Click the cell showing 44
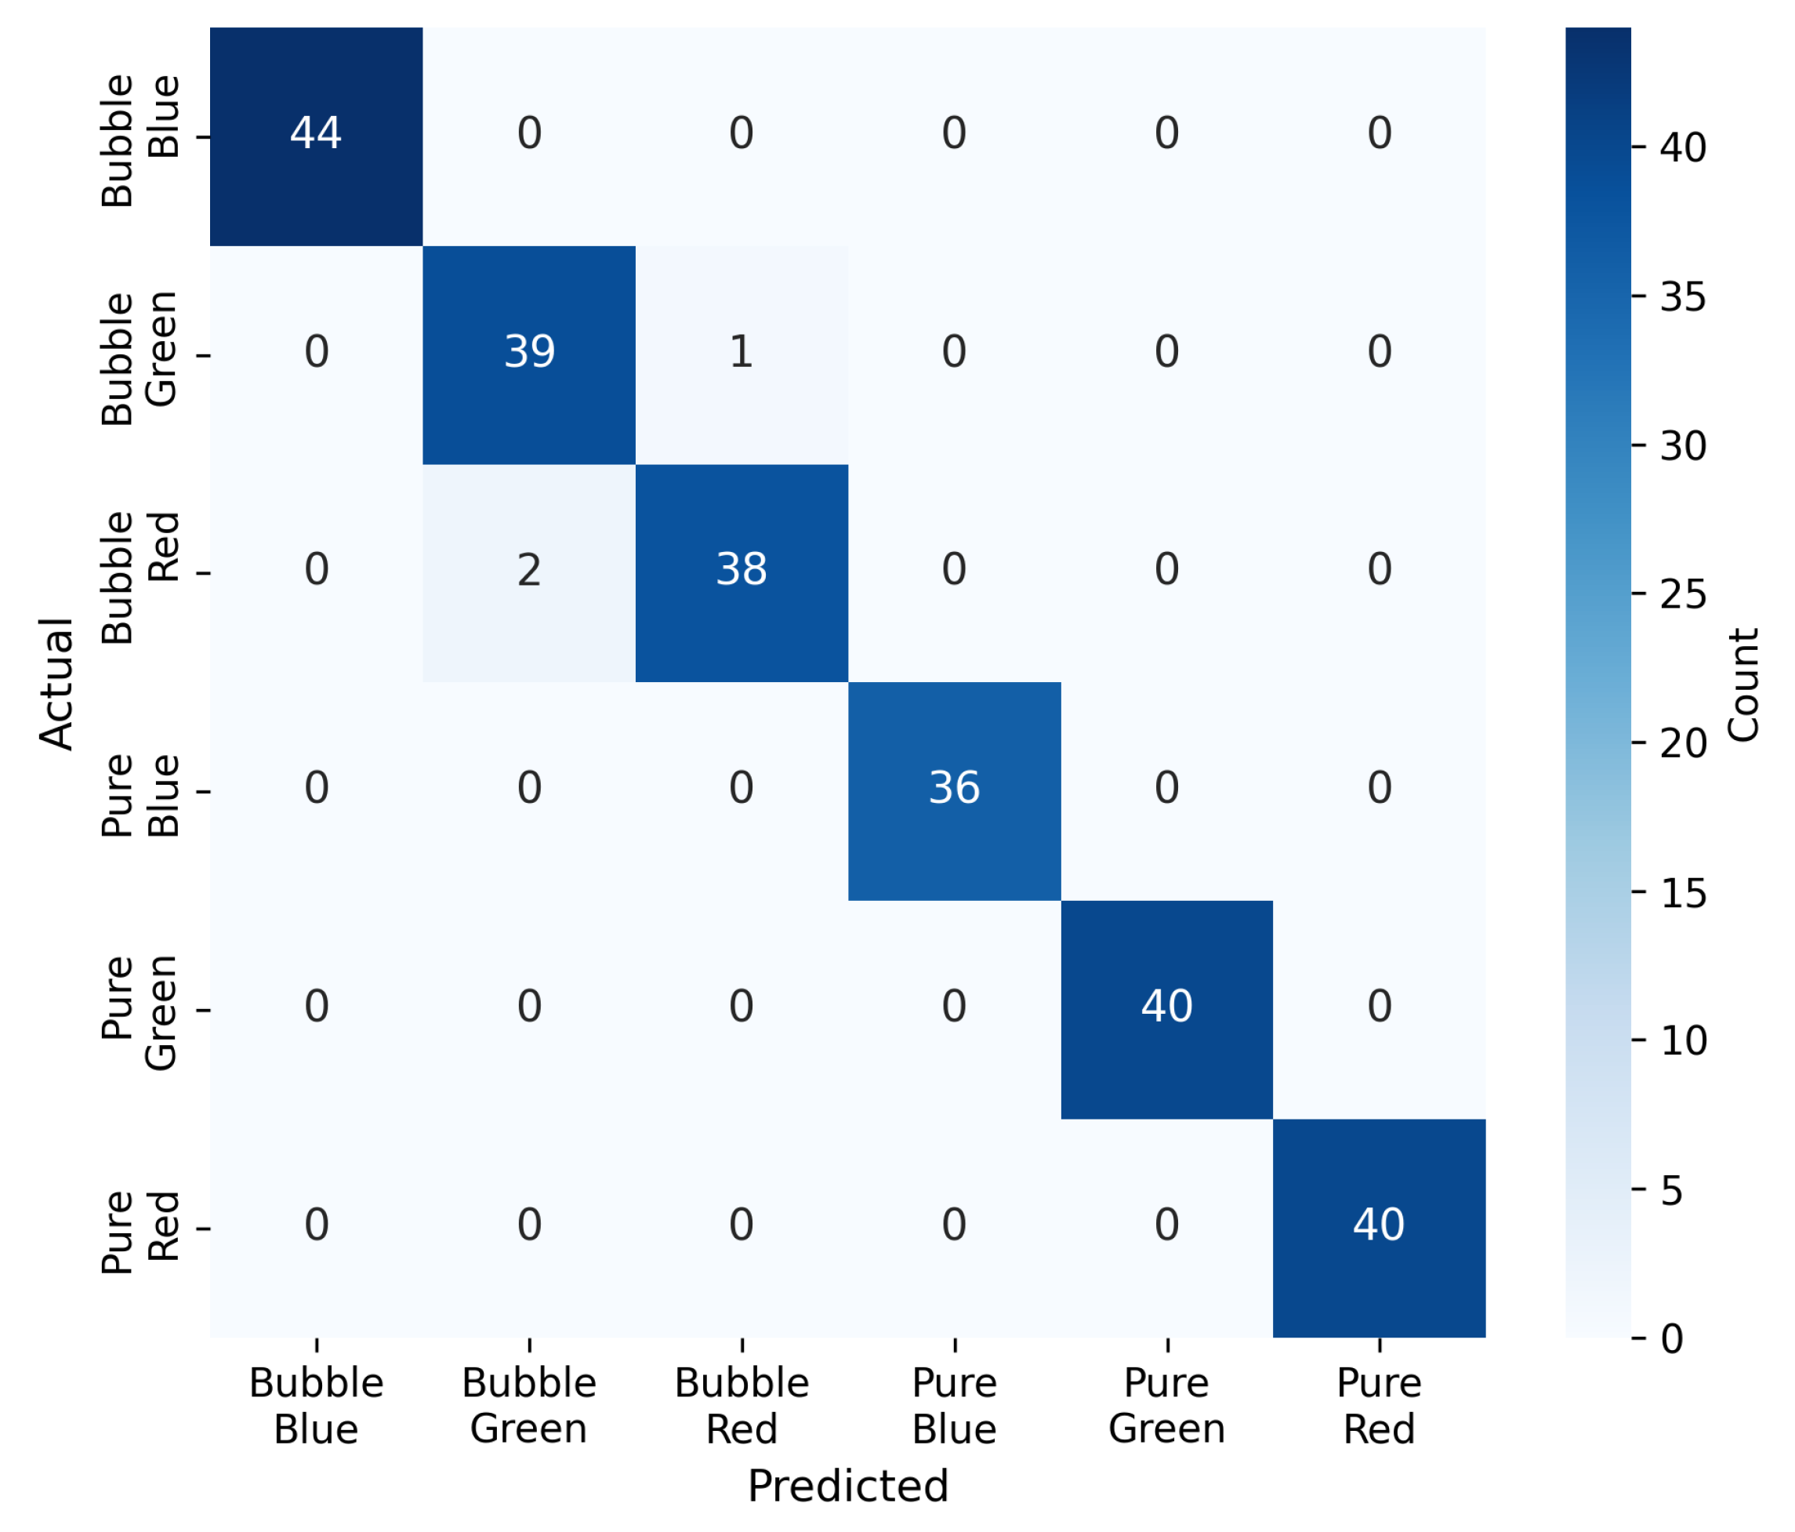pos(316,137)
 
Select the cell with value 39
pos(529,355)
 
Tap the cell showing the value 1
pos(742,355)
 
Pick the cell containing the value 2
pos(529,574)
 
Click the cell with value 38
pos(742,574)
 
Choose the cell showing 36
pos(955,791)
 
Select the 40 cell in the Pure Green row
pos(1167,1010)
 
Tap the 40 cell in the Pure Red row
pos(1379,1228)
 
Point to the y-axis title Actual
pos(57,684)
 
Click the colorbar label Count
pos(1743,684)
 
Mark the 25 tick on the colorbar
pos(1637,594)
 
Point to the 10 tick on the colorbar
pos(1637,1040)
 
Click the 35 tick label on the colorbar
pos(1682,297)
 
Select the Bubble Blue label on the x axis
pos(316,1407)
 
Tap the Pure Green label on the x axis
pos(1167,1407)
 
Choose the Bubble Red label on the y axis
pos(140,577)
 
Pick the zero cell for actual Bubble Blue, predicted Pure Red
pos(1379,137)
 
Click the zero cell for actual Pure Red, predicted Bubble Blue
pos(316,1228)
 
